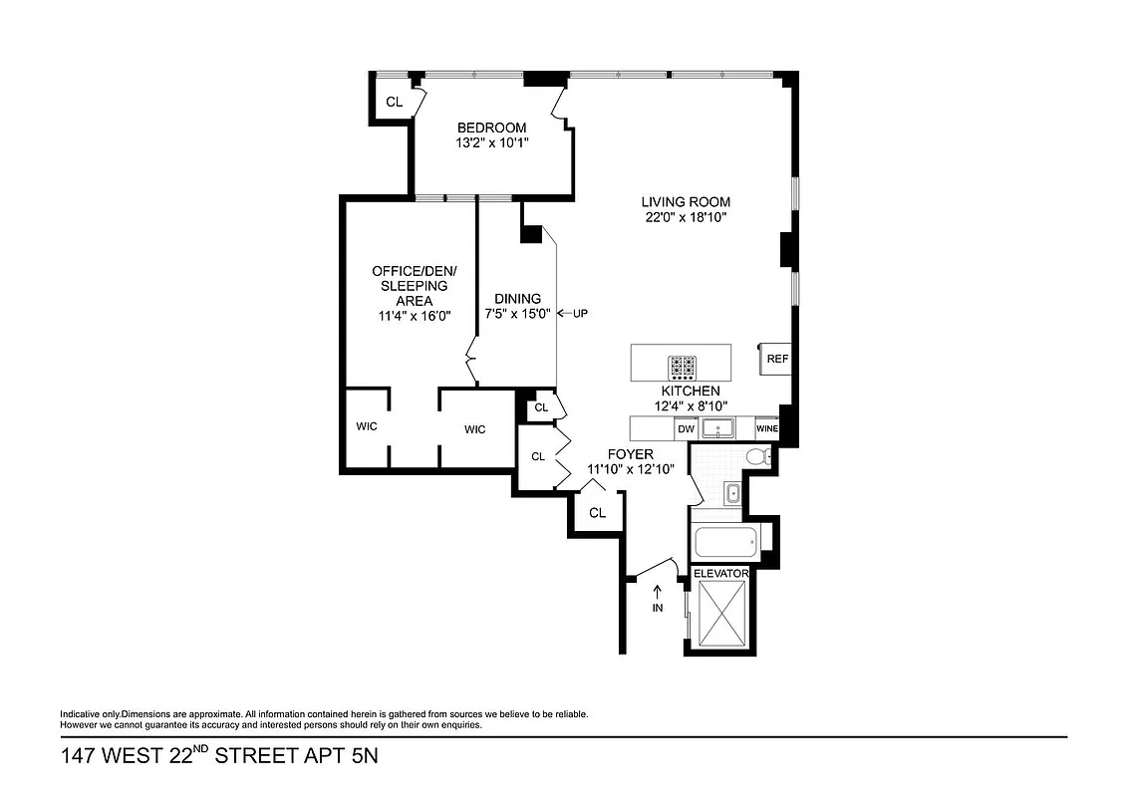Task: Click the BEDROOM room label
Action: pos(491,127)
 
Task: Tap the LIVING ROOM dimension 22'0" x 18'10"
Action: pos(685,217)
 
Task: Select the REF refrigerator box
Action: pos(777,360)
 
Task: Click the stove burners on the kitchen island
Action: pos(683,368)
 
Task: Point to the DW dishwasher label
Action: pos(685,429)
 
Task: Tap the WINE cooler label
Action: pos(766,429)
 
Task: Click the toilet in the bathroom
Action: pos(759,457)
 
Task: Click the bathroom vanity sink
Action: pos(731,492)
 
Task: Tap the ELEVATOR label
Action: pos(720,573)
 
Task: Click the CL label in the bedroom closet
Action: pos(394,102)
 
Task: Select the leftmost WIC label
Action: pos(366,427)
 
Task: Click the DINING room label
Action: pos(518,298)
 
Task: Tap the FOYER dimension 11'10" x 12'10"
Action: pos(631,469)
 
